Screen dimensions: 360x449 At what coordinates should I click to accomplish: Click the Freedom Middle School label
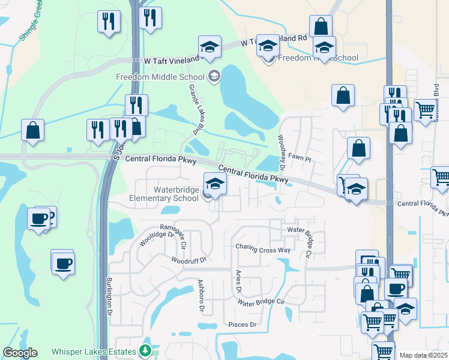161,77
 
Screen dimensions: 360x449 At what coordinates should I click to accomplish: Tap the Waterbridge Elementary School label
164,194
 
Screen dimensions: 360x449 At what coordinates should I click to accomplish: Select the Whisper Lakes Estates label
94,350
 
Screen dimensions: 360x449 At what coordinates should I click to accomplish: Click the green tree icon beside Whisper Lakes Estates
144,350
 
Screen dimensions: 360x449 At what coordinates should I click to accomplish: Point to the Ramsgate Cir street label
179,228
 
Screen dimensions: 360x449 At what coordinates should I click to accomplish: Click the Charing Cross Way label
264,247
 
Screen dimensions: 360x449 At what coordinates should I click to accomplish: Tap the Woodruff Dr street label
188,260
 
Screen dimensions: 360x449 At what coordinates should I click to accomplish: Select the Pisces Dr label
243,325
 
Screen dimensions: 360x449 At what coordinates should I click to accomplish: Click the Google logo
20,353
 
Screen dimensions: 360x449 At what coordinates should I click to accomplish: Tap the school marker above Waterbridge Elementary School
214,183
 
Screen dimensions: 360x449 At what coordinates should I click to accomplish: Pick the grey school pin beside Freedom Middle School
214,76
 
